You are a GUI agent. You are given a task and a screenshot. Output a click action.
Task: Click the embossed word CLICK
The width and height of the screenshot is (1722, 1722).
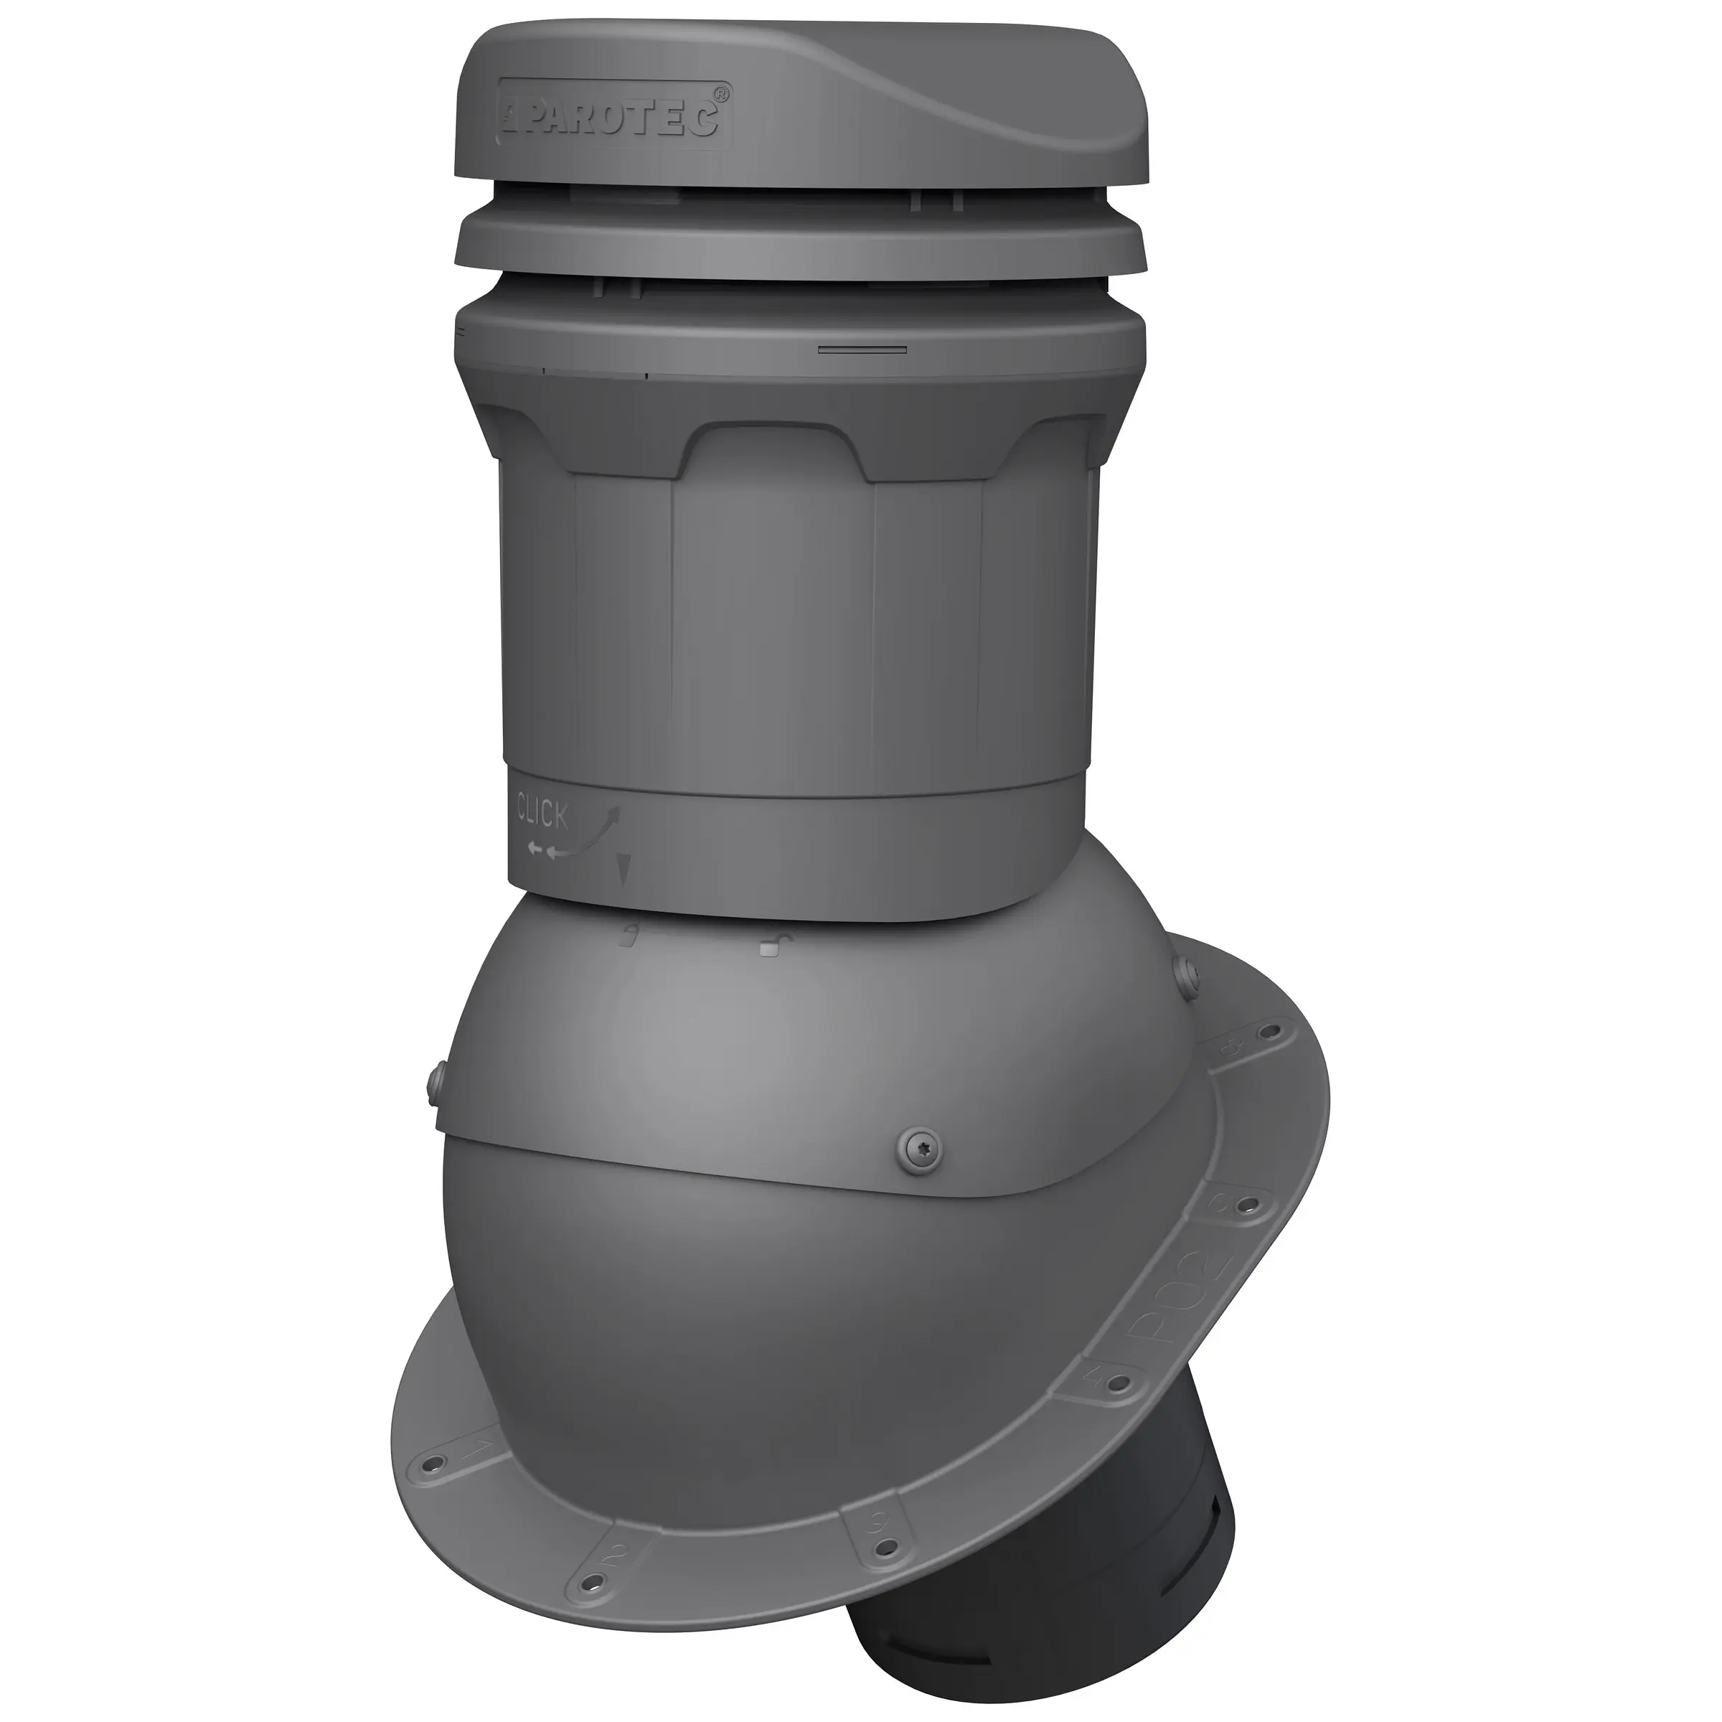pos(542,814)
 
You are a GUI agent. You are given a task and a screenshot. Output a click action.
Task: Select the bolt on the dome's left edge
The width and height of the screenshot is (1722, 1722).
pos(433,1082)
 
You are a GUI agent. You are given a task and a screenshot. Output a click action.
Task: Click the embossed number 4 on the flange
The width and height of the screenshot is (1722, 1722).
pos(1096,1379)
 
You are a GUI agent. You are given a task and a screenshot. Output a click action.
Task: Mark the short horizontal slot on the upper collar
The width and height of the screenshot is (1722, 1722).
pos(862,350)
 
